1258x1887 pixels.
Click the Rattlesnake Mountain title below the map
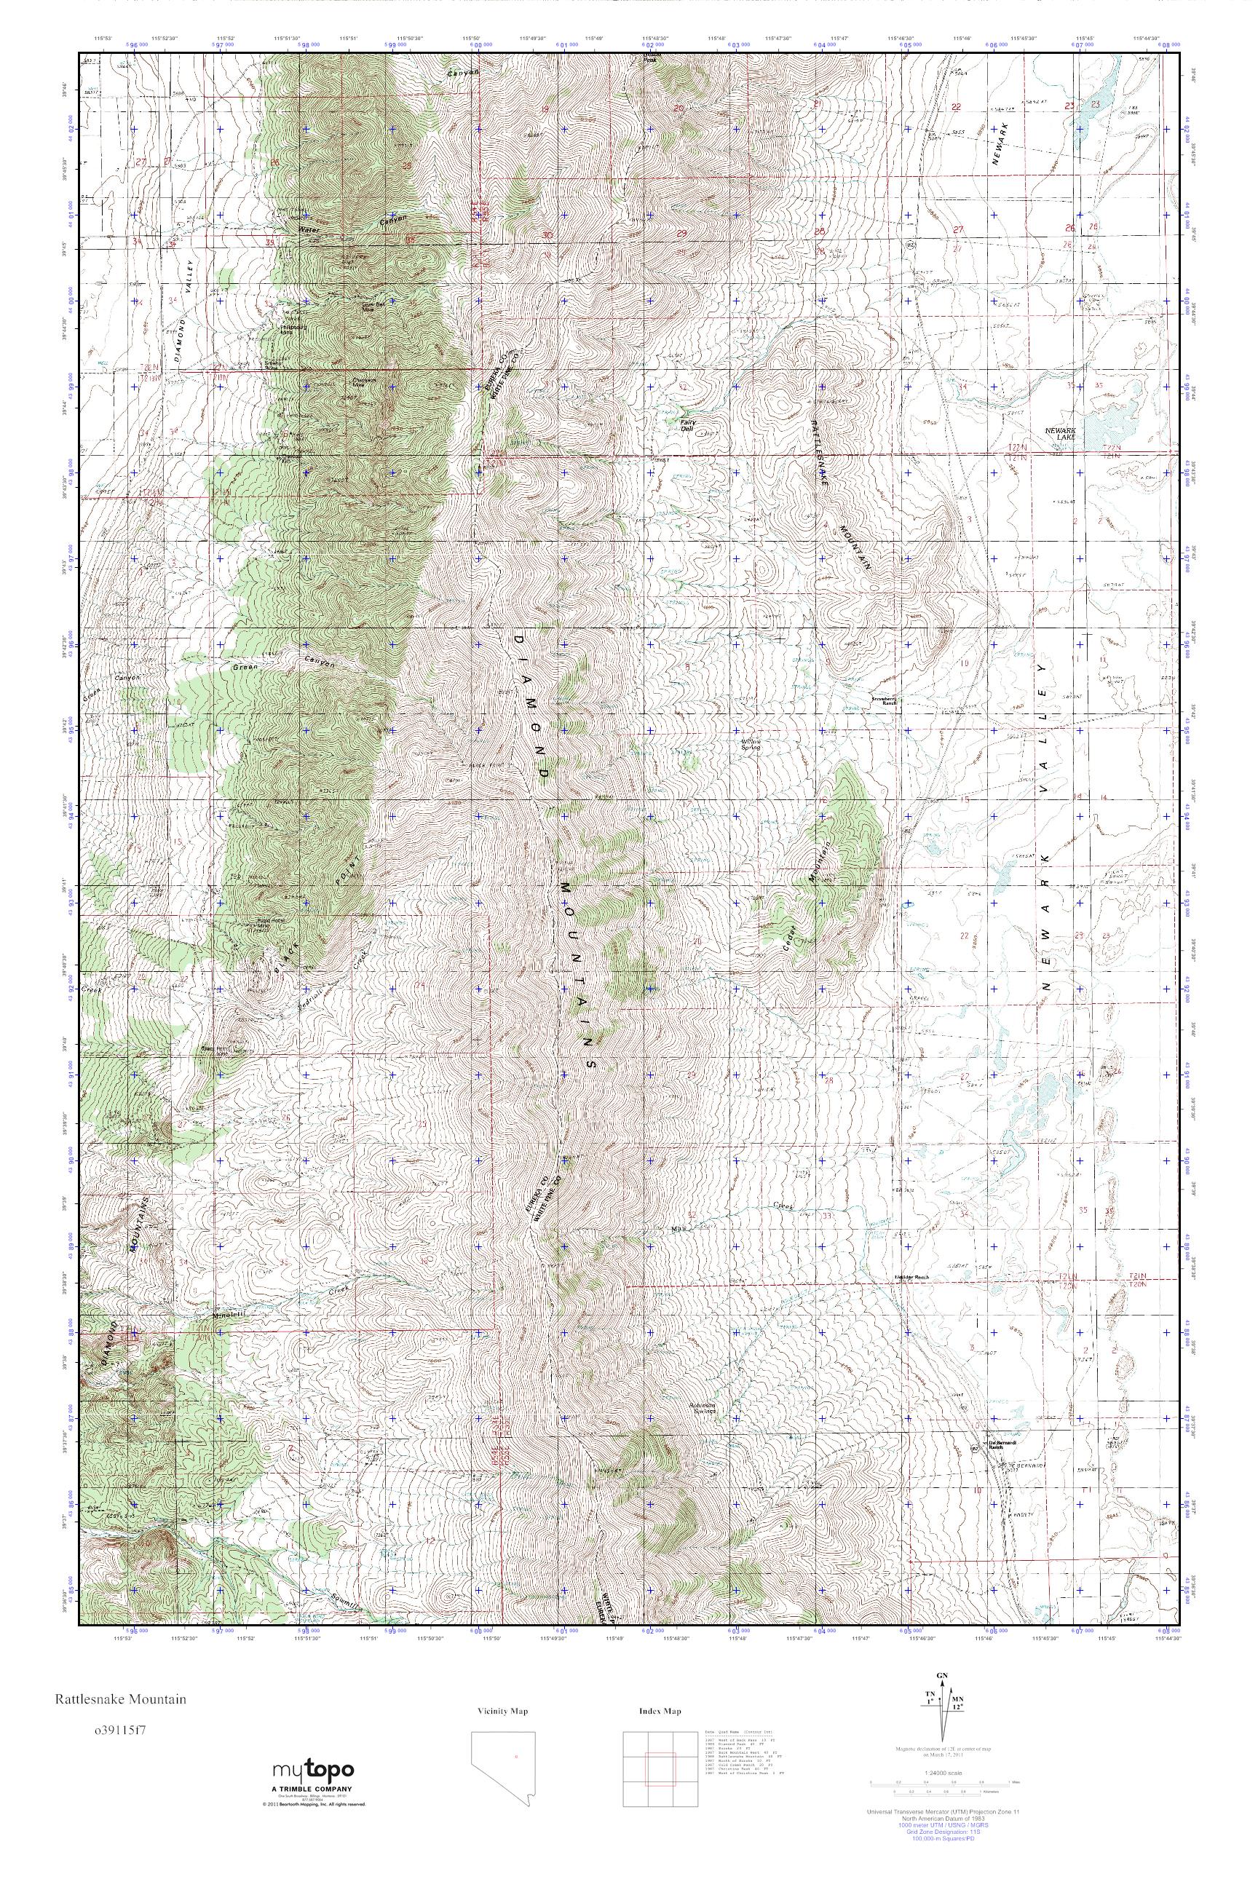[x=120, y=1698]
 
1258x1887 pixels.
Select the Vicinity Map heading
[x=502, y=1711]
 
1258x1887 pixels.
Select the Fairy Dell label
[x=687, y=424]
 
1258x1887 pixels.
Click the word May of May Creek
[x=679, y=1229]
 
